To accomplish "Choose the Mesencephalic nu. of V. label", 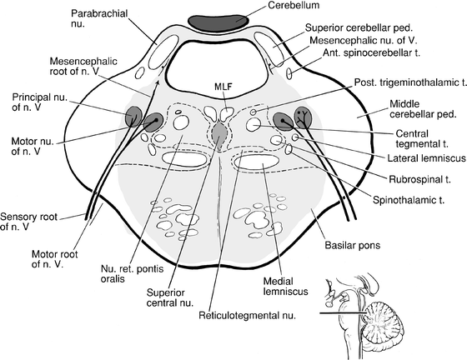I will click(361, 39).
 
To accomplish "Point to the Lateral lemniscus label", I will click(395, 158).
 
